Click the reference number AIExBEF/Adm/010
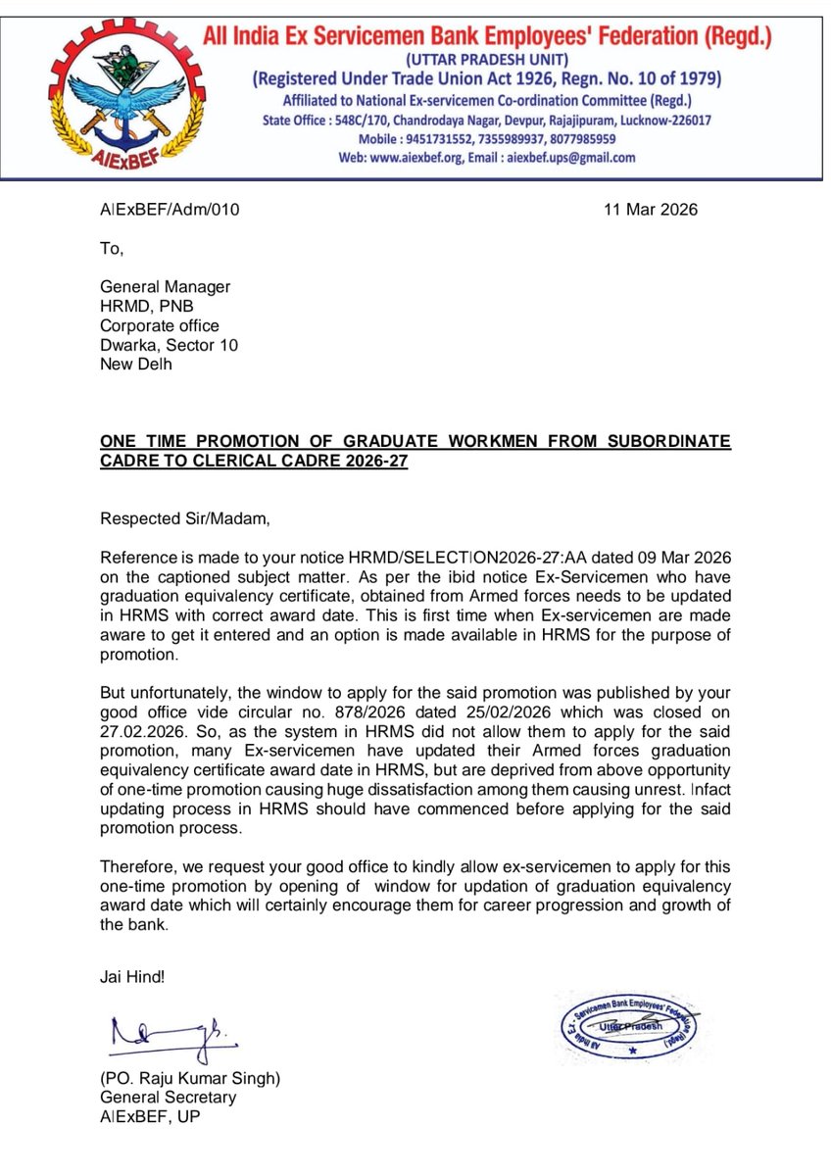click(170, 210)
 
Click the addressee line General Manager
click(166, 287)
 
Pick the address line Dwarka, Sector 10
click(169, 345)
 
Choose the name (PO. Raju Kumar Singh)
click(190, 1078)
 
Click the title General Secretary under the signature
click(168, 1098)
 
